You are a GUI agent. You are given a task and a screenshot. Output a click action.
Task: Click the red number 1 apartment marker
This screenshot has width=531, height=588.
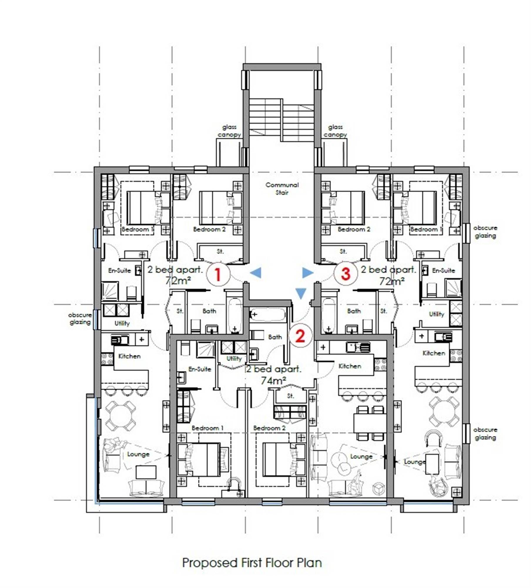(218, 274)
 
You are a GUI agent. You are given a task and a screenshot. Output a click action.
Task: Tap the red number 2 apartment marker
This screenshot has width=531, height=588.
(300, 336)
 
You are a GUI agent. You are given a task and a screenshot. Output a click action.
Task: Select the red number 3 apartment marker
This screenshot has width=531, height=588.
(346, 273)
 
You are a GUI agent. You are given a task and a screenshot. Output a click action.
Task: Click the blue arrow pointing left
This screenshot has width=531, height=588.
(255, 273)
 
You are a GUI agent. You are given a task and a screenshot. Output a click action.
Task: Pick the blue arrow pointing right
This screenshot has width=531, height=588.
(308, 273)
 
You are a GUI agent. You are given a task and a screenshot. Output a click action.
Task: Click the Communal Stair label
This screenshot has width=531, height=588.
(282, 189)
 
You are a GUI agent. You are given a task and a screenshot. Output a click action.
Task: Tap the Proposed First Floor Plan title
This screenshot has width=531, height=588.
(252, 563)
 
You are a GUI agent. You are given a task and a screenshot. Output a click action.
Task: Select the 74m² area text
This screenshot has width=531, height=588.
(273, 381)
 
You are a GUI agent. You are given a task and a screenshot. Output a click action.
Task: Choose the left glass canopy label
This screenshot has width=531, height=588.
(229, 131)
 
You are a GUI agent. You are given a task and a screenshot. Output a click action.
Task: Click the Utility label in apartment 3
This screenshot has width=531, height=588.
(436, 314)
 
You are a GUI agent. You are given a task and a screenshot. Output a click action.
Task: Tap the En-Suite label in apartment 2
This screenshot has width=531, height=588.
(200, 369)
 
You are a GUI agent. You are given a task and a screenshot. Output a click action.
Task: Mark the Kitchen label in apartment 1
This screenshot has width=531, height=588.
(129, 356)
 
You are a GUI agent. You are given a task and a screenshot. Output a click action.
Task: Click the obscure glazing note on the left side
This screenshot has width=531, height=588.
(80, 318)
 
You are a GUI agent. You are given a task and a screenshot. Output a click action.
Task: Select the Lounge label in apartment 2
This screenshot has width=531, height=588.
(361, 457)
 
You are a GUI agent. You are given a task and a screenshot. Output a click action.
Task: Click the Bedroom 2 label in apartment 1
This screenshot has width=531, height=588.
(209, 229)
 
